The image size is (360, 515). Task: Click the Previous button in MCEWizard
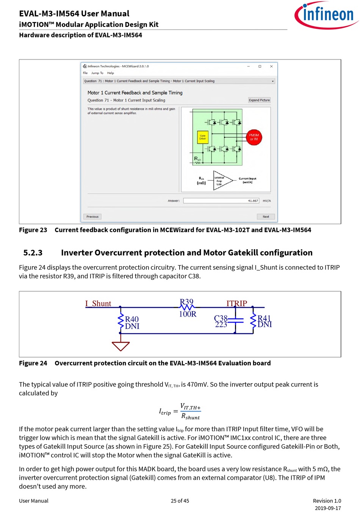click(x=92, y=217)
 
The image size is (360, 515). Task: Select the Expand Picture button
click(x=259, y=100)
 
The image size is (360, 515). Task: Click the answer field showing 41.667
click(x=221, y=201)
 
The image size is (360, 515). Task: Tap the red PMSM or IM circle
click(x=254, y=137)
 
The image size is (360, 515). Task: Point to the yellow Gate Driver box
click(x=203, y=137)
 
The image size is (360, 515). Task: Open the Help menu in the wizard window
click(x=110, y=73)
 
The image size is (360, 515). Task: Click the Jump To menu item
click(x=97, y=73)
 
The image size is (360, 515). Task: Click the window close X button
click(x=271, y=66)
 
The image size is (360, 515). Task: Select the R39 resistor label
click(x=186, y=302)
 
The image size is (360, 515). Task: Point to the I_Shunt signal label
click(x=98, y=304)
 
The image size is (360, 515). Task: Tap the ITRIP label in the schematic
click(x=236, y=303)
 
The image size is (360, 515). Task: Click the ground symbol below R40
click(x=121, y=346)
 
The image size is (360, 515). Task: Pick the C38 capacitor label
click(x=221, y=318)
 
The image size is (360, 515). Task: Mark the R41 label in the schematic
click(x=264, y=318)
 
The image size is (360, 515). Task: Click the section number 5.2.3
click(x=33, y=253)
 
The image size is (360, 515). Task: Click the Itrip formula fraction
click(x=190, y=412)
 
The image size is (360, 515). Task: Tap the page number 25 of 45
click(x=180, y=501)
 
